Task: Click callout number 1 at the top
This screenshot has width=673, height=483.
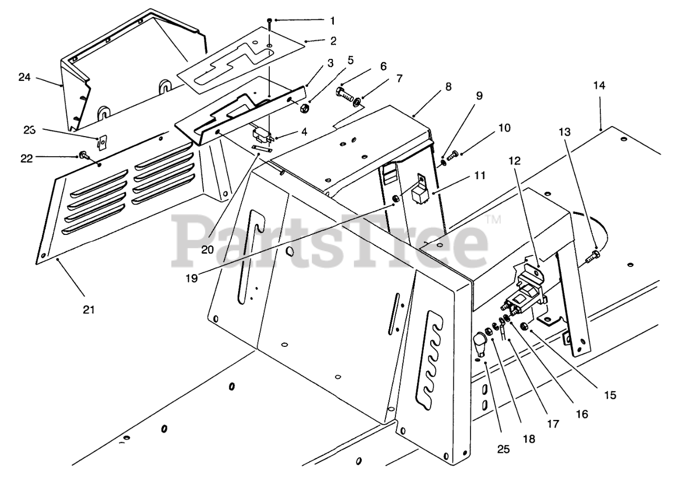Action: [332, 21]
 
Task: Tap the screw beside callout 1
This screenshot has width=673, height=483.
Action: [269, 22]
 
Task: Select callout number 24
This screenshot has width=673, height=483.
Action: [24, 77]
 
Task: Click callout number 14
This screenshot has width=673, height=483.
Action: [600, 86]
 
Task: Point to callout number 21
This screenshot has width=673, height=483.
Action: [88, 310]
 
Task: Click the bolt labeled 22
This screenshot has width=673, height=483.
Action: [83, 156]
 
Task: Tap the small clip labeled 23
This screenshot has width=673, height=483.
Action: [103, 142]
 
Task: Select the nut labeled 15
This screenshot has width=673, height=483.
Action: [525, 327]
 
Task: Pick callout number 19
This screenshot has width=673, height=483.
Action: [191, 278]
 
